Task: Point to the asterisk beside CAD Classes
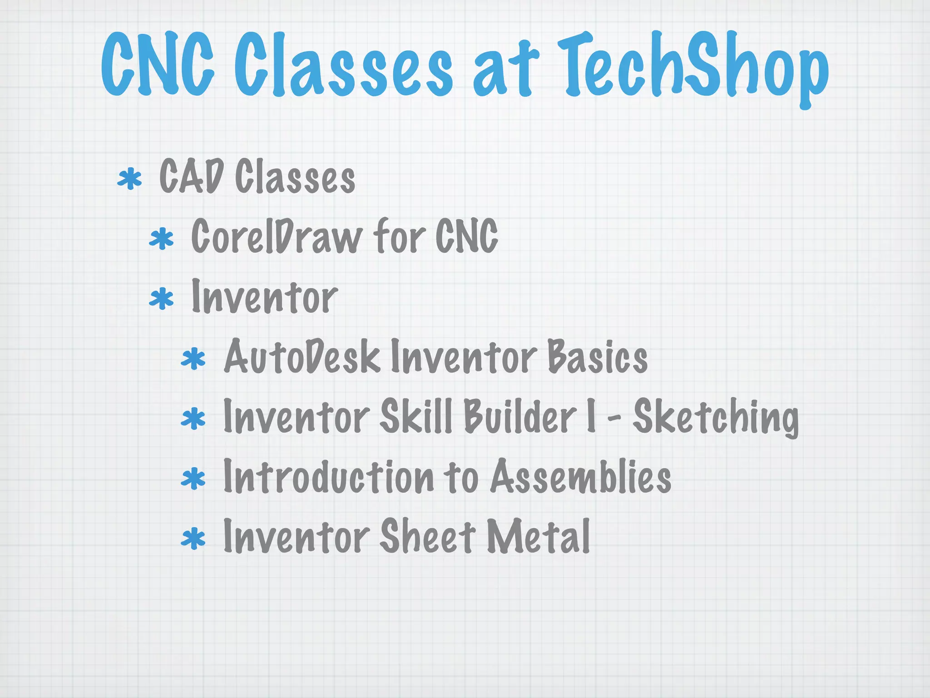[129, 179]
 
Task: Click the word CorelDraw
[277, 236]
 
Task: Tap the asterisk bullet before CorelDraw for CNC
[161, 239]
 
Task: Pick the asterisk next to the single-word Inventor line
[161, 299]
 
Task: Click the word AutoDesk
[302, 357]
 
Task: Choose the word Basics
[598, 357]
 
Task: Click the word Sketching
[716, 417]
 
